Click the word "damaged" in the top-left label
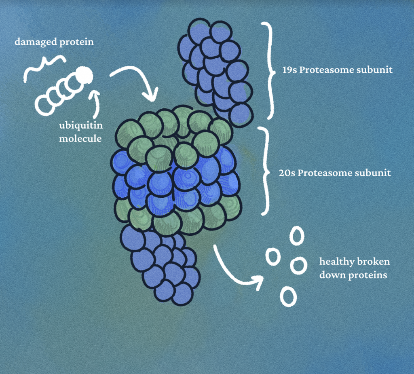[x=36, y=42]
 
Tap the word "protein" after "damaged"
[x=76, y=42]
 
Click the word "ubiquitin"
[x=81, y=125]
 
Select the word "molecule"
[x=80, y=138]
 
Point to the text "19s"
[x=289, y=70]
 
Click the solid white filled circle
[x=84, y=75]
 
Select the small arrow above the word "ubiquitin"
[x=95, y=104]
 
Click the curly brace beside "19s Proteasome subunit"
[x=270, y=71]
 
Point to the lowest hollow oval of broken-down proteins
[x=288, y=296]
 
